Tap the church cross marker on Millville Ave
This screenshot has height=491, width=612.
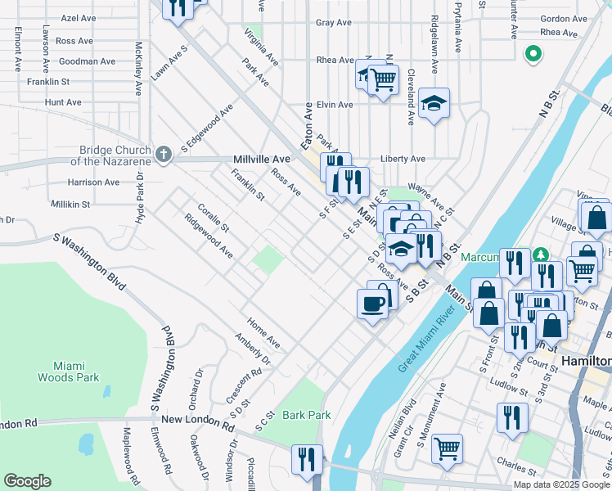pyautogui.click(x=164, y=153)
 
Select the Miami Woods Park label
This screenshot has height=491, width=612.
pyautogui.click(x=69, y=371)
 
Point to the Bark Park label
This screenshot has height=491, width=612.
pyautogui.click(x=307, y=415)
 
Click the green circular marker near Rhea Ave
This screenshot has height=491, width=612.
pyautogui.click(x=533, y=55)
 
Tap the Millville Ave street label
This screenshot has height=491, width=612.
pyautogui.click(x=262, y=159)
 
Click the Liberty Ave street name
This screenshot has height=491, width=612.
pyautogui.click(x=403, y=159)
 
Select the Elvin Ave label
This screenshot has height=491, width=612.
pyautogui.click(x=335, y=105)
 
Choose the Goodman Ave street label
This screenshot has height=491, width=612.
pyautogui.click(x=88, y=61)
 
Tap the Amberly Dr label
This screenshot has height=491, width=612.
pyautogui.click(x=252, y=348)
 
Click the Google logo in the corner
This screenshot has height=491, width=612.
pyautogui.click(x=27, y=481)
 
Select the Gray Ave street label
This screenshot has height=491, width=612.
pyautogui.click(x=334, y=22)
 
